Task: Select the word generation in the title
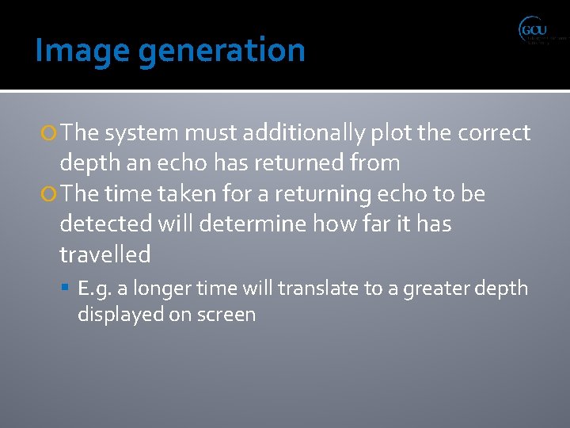point(221,52)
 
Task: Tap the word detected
point(108,224)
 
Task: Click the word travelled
point(105,254)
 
